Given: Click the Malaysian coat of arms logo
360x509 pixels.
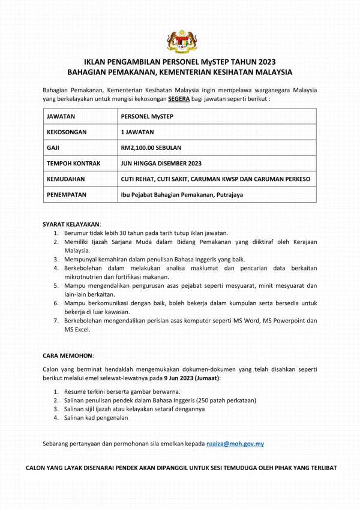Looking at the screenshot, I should (x=181, y=41).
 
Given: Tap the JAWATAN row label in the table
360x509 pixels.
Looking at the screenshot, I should (x=61, y=116).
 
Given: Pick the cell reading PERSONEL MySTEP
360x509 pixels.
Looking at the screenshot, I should (x=146, y=116).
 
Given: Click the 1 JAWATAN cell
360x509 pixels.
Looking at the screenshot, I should (x=137, y=132).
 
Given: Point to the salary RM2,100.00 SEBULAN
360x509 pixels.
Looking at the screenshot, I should (x=151, y=147).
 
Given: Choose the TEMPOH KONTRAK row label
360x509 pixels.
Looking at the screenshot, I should (x=73, y=163).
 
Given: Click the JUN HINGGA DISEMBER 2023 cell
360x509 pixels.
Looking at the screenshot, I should (x=161, y=163).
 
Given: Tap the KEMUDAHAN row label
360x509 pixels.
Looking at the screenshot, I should (x=65, y=179).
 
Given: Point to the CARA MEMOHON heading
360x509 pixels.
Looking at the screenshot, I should (x=68, y=356).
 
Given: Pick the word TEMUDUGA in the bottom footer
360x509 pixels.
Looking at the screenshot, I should (x=244, y=468).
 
